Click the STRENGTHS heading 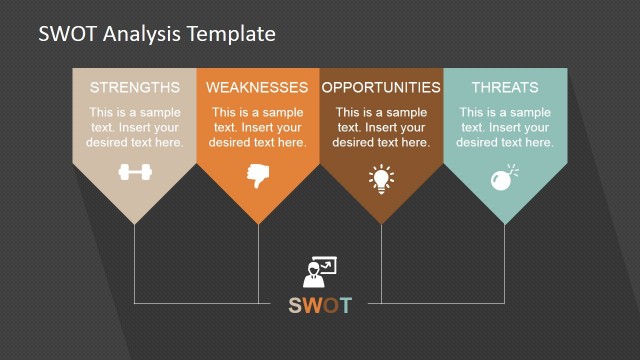tap(135, 87)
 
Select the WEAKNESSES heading tap(258, 87)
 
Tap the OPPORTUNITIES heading tap(381, 87)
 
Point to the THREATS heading tap(505, 87)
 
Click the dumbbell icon tap(135, 172)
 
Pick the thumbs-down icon tap(258, 176)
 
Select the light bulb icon tap(381, 178)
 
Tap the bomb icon tap(502, 178)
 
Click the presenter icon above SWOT tap(320, 273)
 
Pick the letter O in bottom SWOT tap(332, 305)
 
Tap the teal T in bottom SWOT tap(346, 305)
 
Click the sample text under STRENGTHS tap(135, 127)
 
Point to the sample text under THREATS tap(505, 127)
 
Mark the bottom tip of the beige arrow tap(135, 223)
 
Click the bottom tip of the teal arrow tap(505, 223)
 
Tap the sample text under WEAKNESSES tap(258, 127)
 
